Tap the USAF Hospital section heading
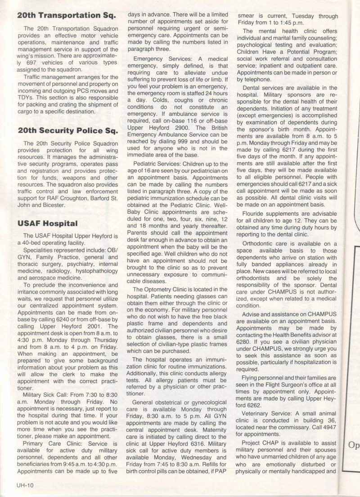[48, 223]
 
